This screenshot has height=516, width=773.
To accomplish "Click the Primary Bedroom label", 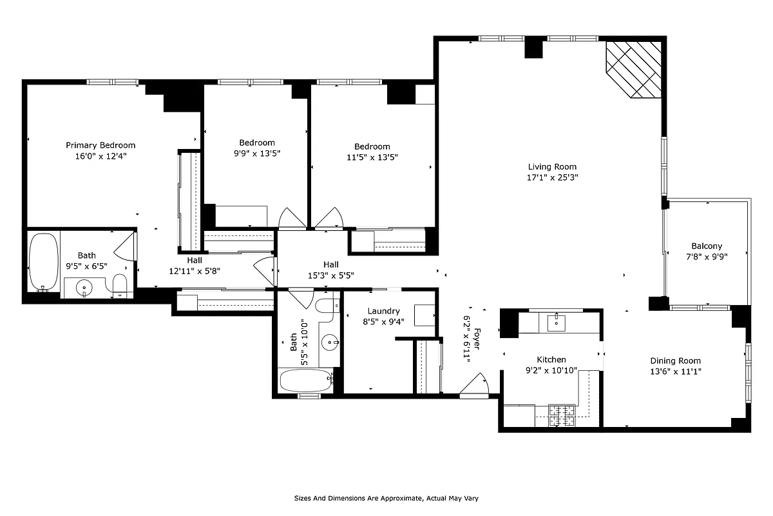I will [x=100, y=145].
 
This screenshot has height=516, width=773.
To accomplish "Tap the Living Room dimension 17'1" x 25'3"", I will [x=552, y=177].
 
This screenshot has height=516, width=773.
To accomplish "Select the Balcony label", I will [x=707, y=246].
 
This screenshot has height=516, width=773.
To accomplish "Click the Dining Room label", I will [x=675, y=361].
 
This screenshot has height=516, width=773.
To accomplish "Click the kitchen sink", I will [x=557, y=322].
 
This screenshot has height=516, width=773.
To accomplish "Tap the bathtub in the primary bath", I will [x=44, y=262].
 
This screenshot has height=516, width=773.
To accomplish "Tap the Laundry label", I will [x=383, y=311].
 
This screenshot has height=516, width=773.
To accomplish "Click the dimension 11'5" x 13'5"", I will [x=372, y=157].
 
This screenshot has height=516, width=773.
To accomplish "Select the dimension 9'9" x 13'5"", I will [x=257, y=154].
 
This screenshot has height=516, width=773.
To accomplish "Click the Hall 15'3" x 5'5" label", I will [x=330, y=264].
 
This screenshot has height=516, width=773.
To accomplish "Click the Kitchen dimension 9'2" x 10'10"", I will [x=552, y=371].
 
